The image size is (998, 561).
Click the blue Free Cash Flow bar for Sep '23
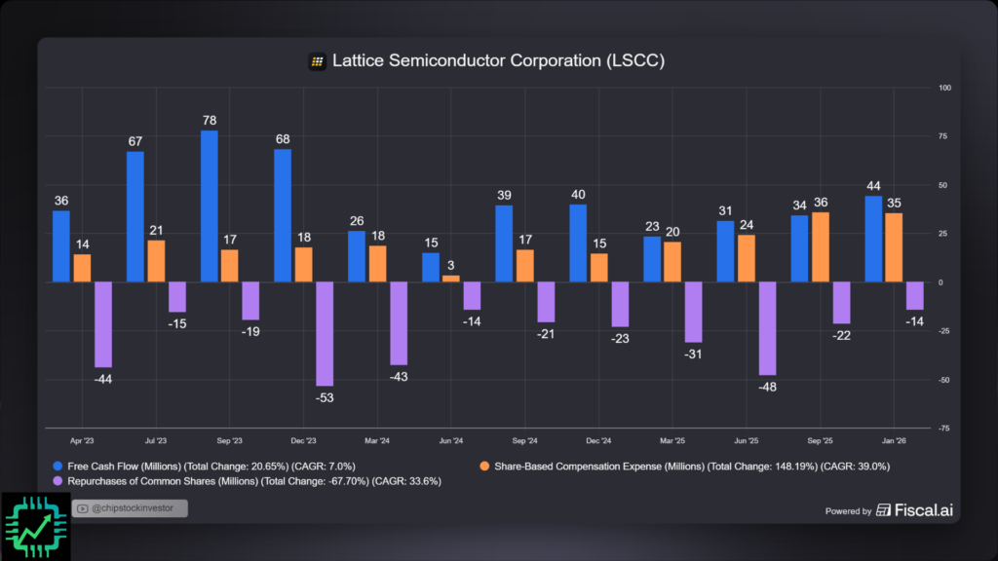[209, 206]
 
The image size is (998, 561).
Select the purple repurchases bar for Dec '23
[325, 333]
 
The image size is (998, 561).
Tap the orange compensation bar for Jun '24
[450, 279]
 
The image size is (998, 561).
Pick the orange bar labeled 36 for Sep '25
[821, 246]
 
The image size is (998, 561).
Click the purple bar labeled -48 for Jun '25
[767, 328]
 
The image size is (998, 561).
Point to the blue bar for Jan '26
[873, 239]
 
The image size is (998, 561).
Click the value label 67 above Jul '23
[135, 142]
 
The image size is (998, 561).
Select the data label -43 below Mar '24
[399, 376]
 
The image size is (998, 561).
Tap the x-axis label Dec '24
[600, 440]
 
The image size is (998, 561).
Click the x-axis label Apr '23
[82, 440]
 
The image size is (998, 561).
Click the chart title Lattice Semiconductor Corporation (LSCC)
[498, 61]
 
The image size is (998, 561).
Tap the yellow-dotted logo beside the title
[317, 61]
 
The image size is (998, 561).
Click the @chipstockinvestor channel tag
[129, 508]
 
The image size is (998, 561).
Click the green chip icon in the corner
[35, 527]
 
